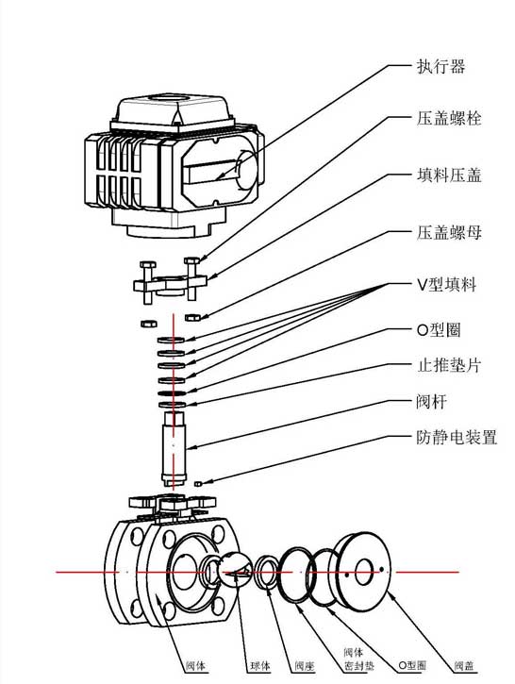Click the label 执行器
(440, 67)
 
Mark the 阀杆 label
(431, 402)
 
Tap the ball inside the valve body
(225, 572)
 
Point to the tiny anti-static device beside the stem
(199, 484)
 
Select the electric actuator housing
(170, 160)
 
